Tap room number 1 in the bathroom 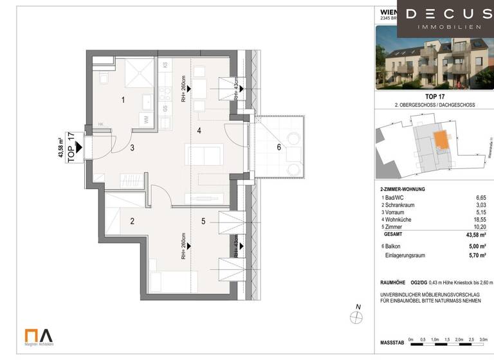[123, 100]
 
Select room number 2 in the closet [132, 221]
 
